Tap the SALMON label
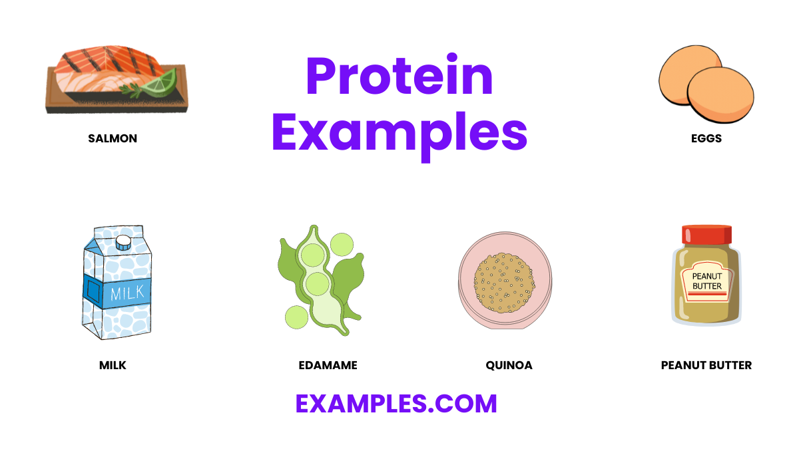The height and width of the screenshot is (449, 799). pos(113,139)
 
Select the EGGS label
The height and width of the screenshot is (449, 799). pos(706,139)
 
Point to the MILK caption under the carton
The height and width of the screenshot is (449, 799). pos(113,365)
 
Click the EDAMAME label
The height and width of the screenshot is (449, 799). pos(328,365)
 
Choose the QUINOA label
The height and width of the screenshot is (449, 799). pos(509,365)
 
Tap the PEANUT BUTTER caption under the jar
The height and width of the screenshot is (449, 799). pos(706,365)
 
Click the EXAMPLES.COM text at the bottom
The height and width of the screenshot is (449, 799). pos(396,404)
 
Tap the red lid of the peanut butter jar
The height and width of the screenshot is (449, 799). pos(706,235)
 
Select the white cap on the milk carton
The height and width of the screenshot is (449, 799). pos(123,241)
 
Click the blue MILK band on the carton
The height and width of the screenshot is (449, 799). pos(117,293)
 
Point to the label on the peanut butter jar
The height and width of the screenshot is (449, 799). pos(706,281)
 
